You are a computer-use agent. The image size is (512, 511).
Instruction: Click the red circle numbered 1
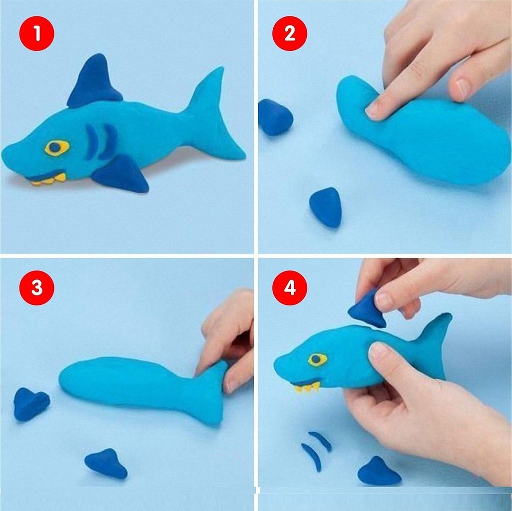(x=36, y=33)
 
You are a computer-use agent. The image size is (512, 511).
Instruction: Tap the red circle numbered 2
(x=290, y=33)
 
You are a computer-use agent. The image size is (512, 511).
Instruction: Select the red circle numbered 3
(x=36, y=287)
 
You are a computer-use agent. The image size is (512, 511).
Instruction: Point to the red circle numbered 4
(x=290, y=287)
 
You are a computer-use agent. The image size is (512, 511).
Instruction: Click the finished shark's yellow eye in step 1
(x=57, y=148)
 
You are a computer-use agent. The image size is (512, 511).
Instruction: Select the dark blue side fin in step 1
(x=122, y=174)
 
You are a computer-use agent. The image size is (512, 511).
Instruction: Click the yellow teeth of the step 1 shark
(x=49, y=180)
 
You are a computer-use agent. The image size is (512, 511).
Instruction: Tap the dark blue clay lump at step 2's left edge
(x=275, y=117)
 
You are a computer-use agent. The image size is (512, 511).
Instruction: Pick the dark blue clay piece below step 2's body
(x=326, y=208)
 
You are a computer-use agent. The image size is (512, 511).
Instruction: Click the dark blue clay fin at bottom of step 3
(x=106, y=464)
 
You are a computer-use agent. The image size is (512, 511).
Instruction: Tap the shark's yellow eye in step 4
(x=316, y=359)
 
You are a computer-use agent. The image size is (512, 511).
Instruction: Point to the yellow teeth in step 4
(x=307, y=388)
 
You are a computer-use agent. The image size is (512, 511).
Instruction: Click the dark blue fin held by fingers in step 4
(x=367, y=308)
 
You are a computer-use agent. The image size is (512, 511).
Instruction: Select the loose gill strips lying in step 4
(x=316, y=450)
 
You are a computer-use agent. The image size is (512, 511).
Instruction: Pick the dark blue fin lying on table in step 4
(x=379, y=471)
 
